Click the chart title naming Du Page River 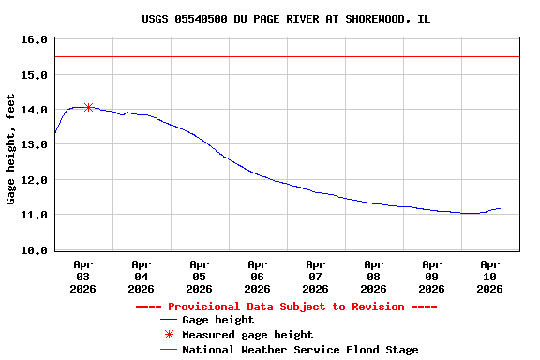(286, 19)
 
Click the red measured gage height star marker (88, 107)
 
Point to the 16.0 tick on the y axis (34, 39)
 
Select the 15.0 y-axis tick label (34, 74)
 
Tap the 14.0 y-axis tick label (34, 110)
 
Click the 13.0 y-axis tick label (34, 144)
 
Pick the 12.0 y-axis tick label (34, 180)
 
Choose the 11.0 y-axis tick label (34, 215)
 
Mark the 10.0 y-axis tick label (34, 250)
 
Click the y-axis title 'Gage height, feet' (11, 149)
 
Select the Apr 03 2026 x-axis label (82, 277)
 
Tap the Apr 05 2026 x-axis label (199, 277)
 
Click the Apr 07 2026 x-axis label (315, 277)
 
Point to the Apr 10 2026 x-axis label (489, 277)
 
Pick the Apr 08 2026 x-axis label (373, 277)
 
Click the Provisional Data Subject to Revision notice (286, 307)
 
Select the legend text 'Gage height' (217, 320)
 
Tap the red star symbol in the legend (169, 335)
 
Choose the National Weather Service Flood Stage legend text (300, 350)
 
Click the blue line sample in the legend (169, 321)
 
